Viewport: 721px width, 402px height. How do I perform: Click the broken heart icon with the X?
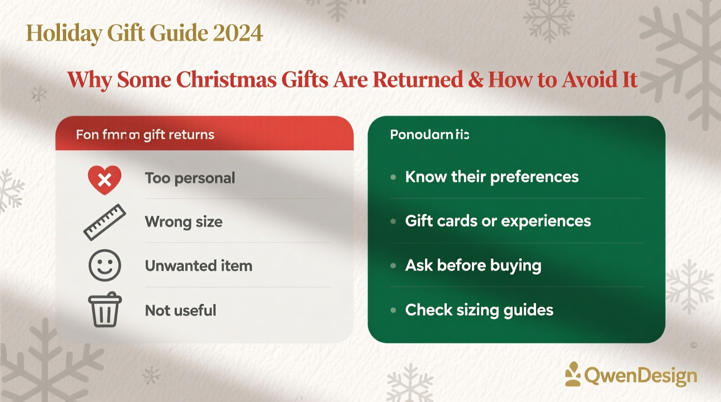coord(104,179)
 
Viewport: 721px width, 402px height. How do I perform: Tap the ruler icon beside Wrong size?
coord(104,222)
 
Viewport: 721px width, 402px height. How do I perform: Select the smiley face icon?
coord(104,265)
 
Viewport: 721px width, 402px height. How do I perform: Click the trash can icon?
coord(104,309)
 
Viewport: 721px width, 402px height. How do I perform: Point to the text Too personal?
coord(190,178)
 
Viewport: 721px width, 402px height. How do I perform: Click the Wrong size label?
coord(184,222)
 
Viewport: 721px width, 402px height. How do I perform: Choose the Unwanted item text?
coord(198,266)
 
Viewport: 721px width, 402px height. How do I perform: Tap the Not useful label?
coord(180,310)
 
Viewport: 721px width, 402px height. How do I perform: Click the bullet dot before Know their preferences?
coord(393,177)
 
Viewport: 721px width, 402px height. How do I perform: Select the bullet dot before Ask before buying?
coord(393,266)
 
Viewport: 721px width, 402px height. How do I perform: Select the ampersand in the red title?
coord(475,80)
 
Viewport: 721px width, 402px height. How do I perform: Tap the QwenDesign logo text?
coord(640,376)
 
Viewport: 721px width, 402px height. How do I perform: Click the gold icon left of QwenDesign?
coord(573,374)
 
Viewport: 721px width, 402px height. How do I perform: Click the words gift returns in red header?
coord(179,135)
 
